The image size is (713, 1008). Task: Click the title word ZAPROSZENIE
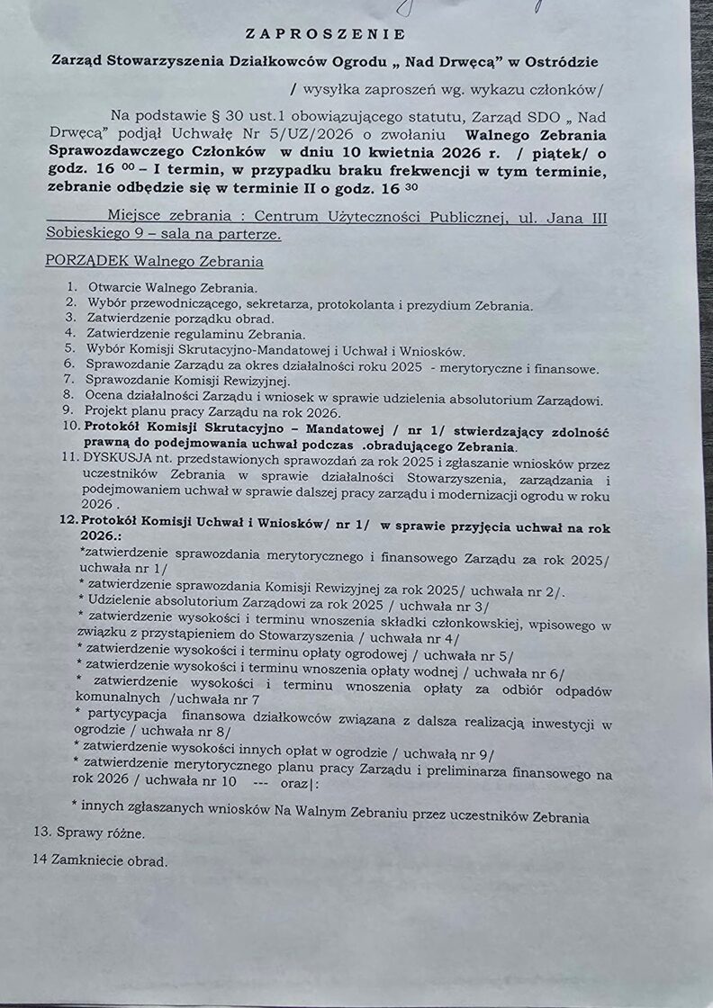click(x=325, y=34)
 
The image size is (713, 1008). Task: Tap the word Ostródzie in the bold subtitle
click(x=555, y=62)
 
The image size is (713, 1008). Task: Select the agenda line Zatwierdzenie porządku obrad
click(x=180, y=318)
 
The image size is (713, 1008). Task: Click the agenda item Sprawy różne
click(x=88, y=833)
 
